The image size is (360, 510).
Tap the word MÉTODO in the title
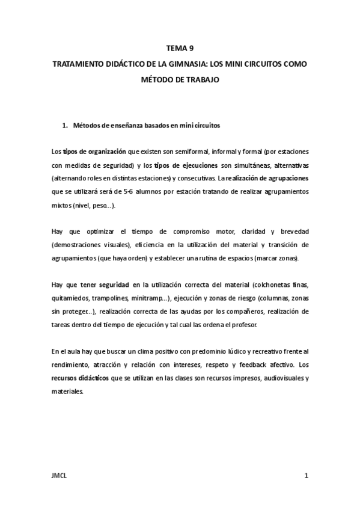coord(158,78)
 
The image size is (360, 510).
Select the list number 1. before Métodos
coord(65,126)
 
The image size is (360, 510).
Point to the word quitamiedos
coord(71,298)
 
